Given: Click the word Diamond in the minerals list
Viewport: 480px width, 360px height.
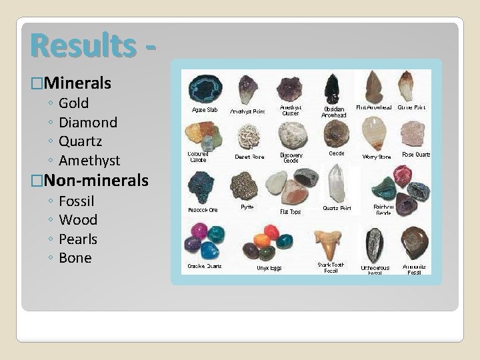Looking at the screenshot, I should pos(88,123).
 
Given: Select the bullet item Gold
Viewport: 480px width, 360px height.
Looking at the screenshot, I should pos(73,103).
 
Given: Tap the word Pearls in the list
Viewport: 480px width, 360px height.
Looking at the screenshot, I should pos(78,239).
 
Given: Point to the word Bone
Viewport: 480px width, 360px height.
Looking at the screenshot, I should pos(75,258).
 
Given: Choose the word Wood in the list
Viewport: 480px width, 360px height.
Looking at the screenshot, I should pos(78,220).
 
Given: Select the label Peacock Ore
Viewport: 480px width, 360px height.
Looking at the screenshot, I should pos(203,210).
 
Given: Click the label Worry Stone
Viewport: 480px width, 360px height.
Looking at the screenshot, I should pos(377,157).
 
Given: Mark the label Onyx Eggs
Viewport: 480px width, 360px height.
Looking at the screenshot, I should pos(269,268).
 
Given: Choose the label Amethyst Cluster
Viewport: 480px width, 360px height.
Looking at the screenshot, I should pos(291,111).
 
